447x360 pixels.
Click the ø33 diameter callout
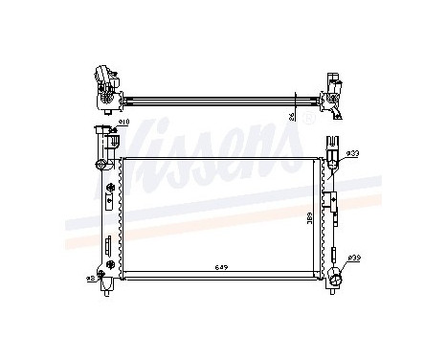coord(352,154)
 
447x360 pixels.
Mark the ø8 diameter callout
coord(91,277)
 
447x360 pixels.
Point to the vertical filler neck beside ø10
coord(100,144)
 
